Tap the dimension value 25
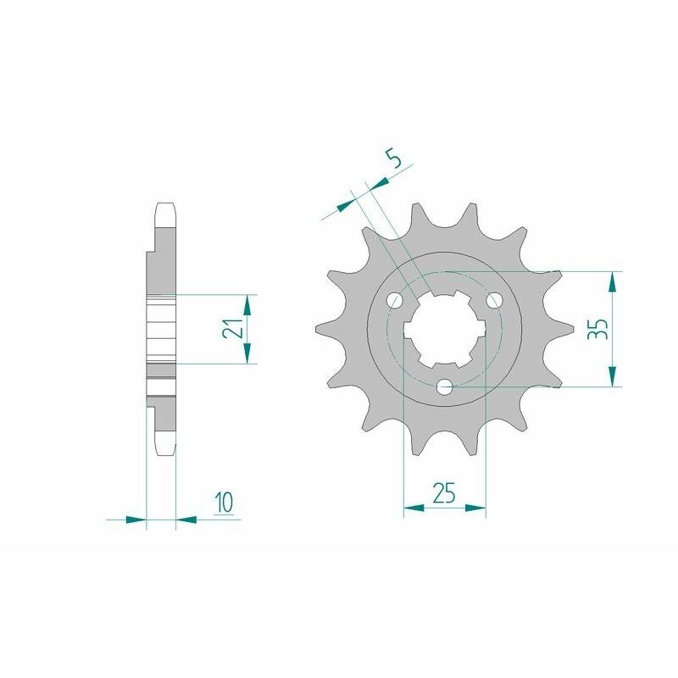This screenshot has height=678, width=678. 445,492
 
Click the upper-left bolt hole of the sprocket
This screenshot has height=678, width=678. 395,301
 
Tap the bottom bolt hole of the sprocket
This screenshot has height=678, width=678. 445,387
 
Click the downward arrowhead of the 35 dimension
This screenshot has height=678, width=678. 614,377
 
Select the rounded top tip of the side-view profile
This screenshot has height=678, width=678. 166,205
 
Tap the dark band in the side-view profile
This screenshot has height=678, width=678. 163,370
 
